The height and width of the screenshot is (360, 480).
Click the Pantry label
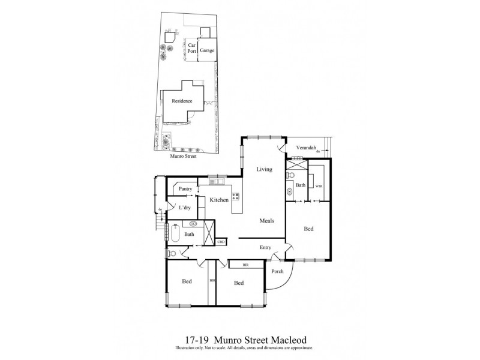(x=185, y=189)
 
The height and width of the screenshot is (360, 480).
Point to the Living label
(x=265, y=170)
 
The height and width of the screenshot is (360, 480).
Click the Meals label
(x=267, y=221)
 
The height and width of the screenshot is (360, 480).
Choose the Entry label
(x=266, y=247)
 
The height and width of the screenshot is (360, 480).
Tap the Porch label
(x=277, y=271)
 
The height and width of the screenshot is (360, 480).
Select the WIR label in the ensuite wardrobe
(x=319, y=186)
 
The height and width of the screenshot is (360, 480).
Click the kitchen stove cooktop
(x=236, y=195)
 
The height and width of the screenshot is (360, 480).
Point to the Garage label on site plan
(x=207, y=50)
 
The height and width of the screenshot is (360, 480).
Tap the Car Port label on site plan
(x=192, y=48)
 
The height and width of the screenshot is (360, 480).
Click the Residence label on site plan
(x=182, y=101)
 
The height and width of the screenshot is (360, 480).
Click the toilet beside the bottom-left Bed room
(x=172, y=253)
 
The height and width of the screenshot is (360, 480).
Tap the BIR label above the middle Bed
(x=245, y=263)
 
